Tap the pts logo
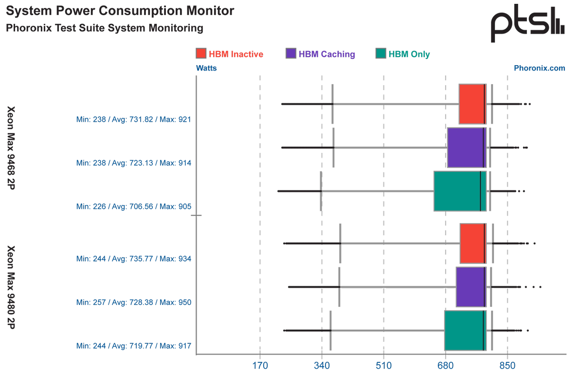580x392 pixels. (x=527, y=24)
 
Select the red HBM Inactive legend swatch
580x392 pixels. (x=200, y=54)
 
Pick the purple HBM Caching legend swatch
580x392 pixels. (x=290, y=54)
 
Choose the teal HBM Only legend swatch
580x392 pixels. (x=381, y=54)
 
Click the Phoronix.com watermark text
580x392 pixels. (x=540, y=69)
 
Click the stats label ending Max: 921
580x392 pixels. (x=133, y=119)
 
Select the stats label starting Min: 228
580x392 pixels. (x=133, y=206)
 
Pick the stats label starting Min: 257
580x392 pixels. (x=133, y=302)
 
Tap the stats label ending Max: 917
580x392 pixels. (x=133, y=346)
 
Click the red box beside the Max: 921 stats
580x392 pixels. (x=472, y=104)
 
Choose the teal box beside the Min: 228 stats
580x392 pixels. (x=457, y=191)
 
